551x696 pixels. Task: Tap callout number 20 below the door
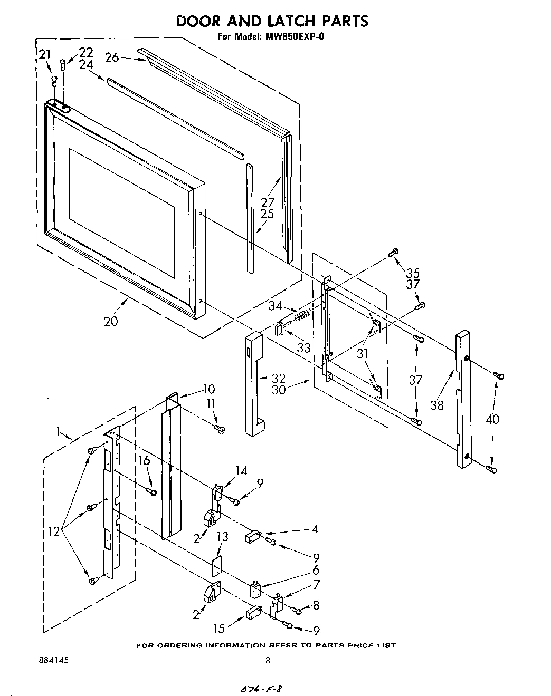111,321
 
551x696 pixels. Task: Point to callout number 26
112,57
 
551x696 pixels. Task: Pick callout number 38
437,405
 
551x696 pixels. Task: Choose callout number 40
493,419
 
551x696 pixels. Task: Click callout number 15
219,628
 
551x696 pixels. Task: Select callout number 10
208,389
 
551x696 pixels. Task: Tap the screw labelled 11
220,430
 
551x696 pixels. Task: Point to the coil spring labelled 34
302,316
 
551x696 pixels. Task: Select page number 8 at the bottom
268,660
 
